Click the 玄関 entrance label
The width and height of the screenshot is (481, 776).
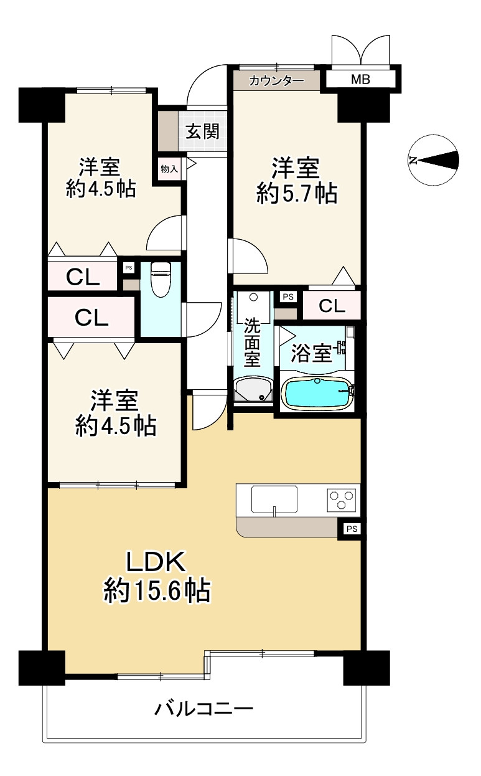(x=200, y=132)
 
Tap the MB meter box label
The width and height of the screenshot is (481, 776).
(x=360, y=80)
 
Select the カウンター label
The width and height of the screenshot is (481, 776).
(x=276, y=80)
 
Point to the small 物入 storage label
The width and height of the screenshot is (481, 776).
(x=169, y=168)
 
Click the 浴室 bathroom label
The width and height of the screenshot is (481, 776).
(x=312, y=354)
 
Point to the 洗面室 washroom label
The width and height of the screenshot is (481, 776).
(x=252, y=342)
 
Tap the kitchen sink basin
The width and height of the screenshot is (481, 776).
(x=274, y=499)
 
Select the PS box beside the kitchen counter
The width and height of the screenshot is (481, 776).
(x=352, y=529)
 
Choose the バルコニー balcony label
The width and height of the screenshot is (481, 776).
(x=204, y=709)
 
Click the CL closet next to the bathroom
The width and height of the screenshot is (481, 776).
(x=332, y=306)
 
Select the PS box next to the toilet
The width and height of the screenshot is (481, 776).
(x=129, y=268)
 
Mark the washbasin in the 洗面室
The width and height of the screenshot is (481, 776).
(x=253, y=390)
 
